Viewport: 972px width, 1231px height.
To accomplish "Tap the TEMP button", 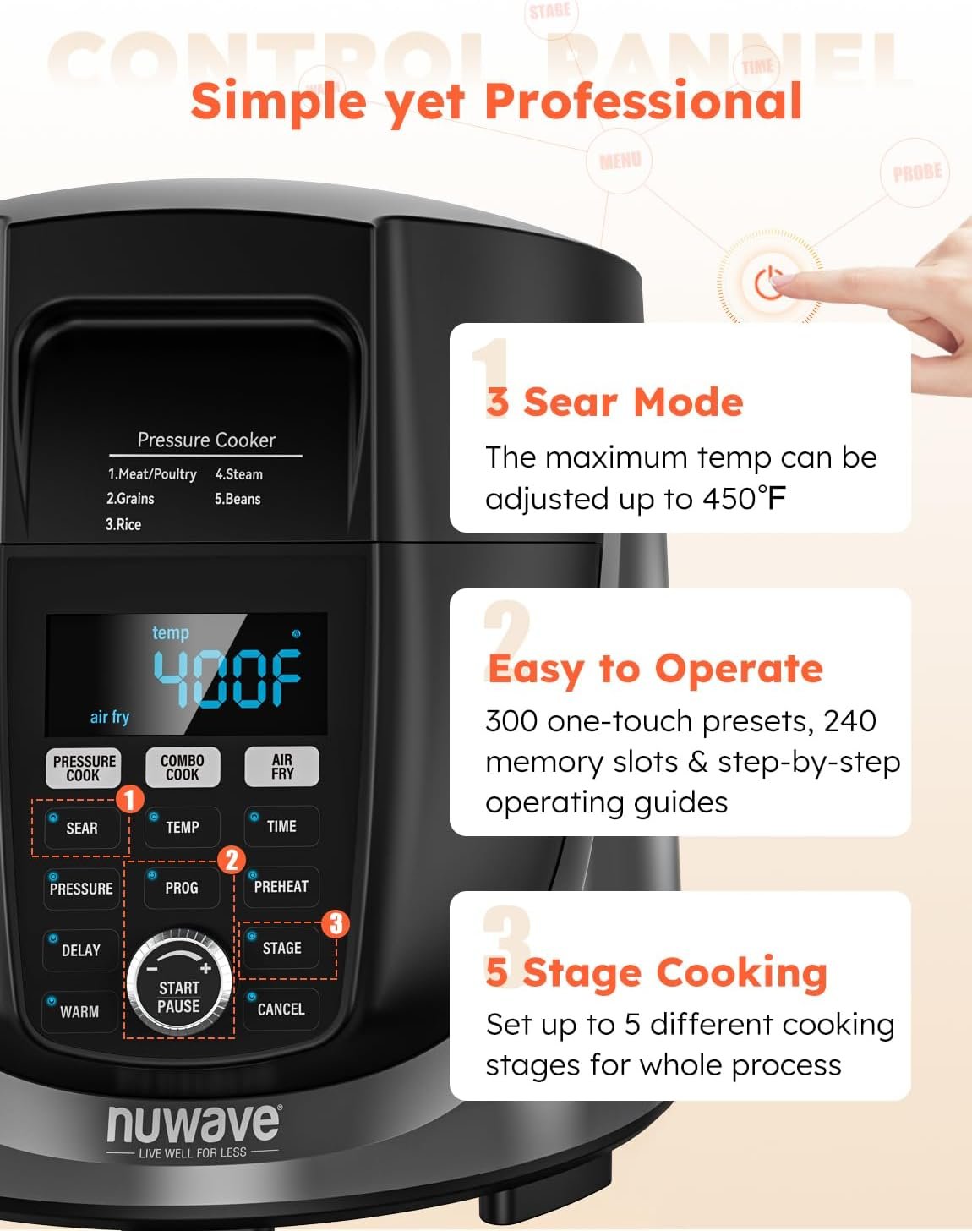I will click(182, 827).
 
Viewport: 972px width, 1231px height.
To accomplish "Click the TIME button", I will click(281, 826).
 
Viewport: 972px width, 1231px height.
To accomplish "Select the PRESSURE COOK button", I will click(84, 768).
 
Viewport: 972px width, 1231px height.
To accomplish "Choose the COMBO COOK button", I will click(183, 767).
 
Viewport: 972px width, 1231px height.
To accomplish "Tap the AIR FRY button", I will click(282, 766).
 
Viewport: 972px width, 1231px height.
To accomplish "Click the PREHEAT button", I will click(281, 886).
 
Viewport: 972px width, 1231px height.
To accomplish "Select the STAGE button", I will click(281, 948).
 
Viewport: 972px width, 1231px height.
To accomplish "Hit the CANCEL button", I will click(281, 1009).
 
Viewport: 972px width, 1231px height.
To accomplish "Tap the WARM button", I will click(79, 1011).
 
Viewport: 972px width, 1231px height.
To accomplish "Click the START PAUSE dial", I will click(179, 986).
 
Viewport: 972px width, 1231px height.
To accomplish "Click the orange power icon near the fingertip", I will click(768, 283).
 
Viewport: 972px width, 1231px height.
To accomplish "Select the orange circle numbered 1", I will click(129, 799).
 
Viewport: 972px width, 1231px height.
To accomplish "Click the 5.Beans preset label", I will click(238, 499).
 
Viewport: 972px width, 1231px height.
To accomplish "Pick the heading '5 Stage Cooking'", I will click(656, 972).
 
